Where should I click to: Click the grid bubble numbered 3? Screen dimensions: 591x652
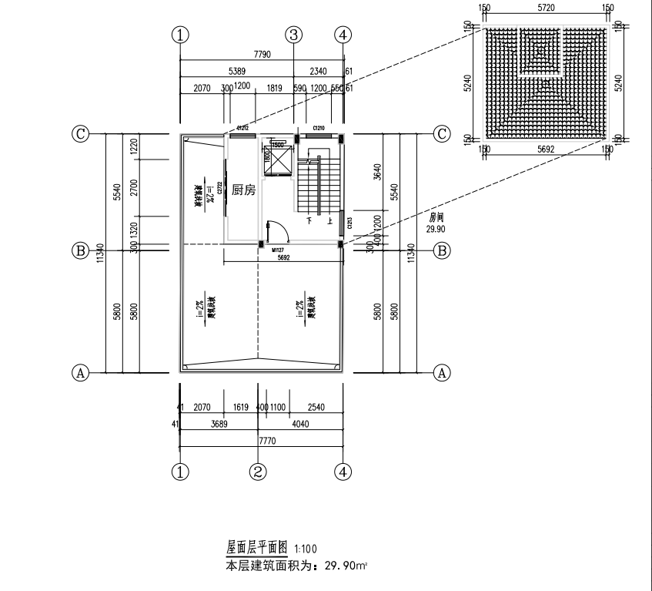point(293,35)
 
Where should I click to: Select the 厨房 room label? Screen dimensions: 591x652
point(243,190)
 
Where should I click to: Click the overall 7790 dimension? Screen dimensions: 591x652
point(264,55)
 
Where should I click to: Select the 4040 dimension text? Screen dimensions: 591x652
point(300,424)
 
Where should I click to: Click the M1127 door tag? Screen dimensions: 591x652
point(278,250)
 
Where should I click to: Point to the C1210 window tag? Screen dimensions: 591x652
point(318,128)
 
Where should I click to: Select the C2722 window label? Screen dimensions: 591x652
point(221,187)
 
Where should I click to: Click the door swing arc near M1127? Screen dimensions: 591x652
point(281,229)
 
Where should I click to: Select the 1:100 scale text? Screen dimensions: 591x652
point(305,549)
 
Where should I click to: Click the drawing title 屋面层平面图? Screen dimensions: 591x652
point(256,548)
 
